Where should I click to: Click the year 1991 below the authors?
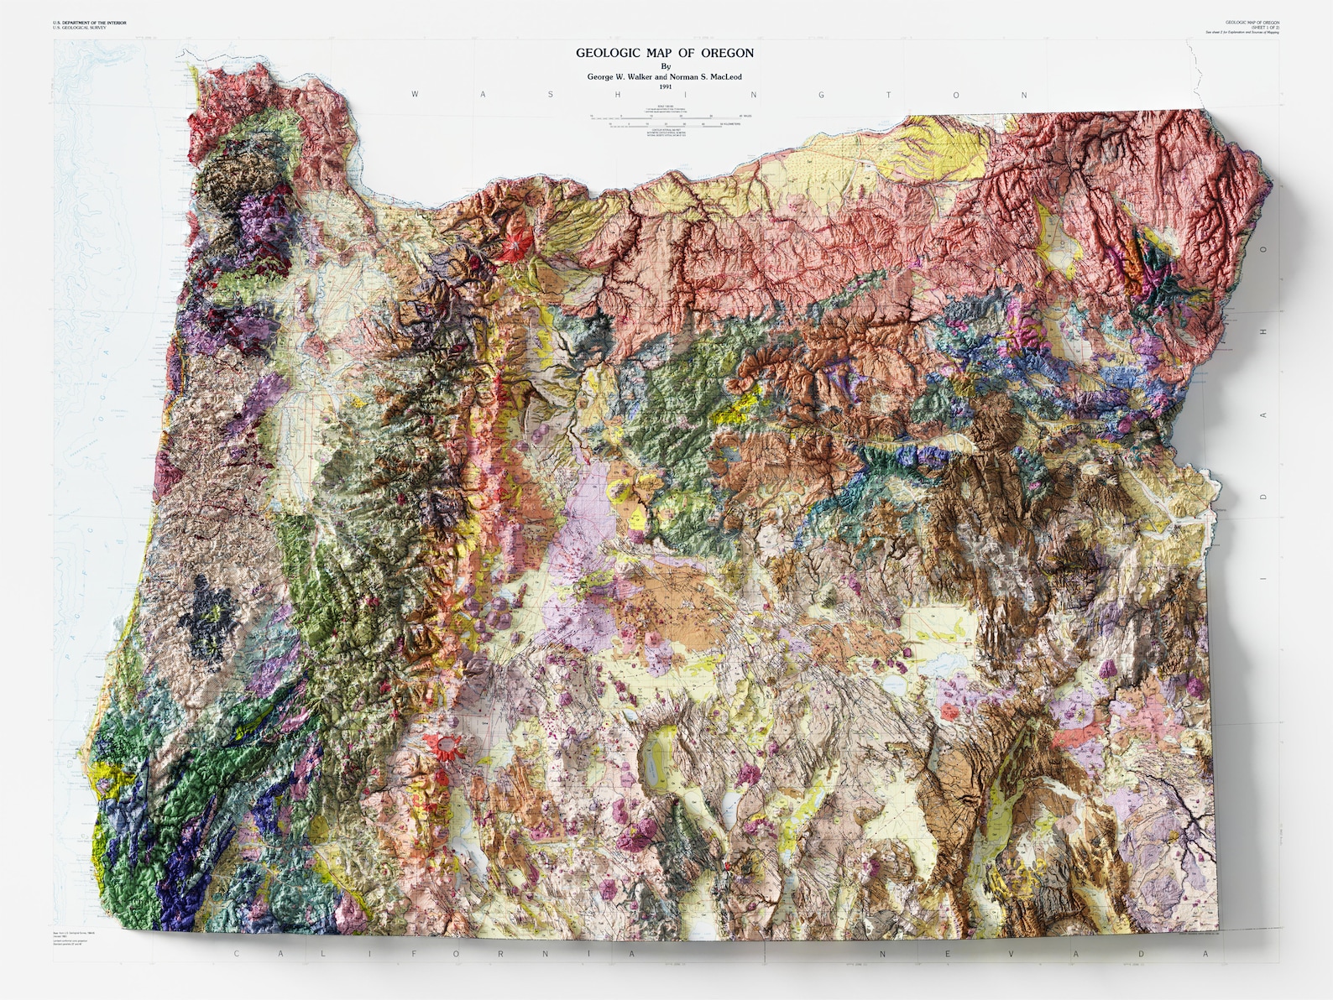(666, 86)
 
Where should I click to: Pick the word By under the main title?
(666, 65)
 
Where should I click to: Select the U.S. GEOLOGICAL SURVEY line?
(78, 29)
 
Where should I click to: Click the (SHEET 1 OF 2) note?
(1261, 27)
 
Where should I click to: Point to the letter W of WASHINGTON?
(415, 95)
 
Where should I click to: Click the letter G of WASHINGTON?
(821, 95)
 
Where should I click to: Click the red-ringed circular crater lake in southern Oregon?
(444, 746)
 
